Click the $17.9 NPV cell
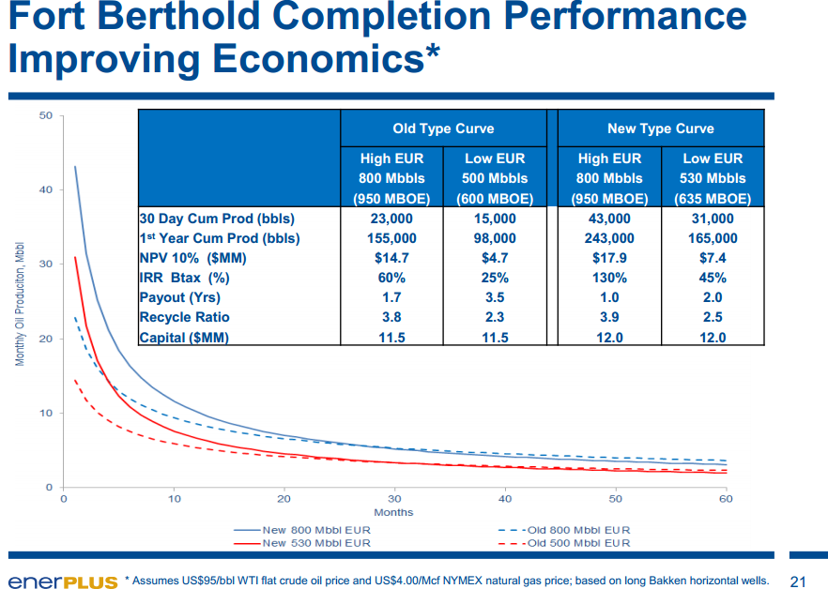tap(609, 258)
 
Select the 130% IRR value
tap(609, 278)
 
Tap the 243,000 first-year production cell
tap(609, 238)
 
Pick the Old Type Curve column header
tap(442, 128)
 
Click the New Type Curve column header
tap(661, 128)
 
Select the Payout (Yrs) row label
tap(179, 297)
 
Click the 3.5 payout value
tap(495, 297)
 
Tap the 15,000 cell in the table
tap(495, 219)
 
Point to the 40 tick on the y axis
tap(46, 190)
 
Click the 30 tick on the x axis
tap(394, 499)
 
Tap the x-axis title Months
tap(393, 513)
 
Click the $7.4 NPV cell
tap(713, 258)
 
